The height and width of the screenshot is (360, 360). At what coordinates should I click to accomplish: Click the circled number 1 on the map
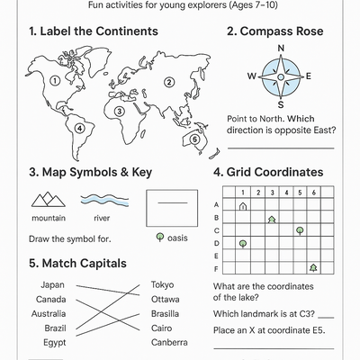[54, 79]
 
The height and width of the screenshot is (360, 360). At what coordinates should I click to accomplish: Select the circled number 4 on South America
[80, 128]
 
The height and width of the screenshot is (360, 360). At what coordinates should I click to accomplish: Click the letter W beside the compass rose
[252, 76]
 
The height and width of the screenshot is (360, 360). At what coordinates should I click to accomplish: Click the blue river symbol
[102, 199]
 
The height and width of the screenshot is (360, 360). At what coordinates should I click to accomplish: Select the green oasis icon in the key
[160, 238]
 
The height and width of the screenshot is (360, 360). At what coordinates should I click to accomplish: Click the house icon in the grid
[243, 206]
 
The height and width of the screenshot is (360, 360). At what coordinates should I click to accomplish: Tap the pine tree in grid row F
[312, 267]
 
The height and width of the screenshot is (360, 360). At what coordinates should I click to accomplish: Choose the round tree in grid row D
[243, 243]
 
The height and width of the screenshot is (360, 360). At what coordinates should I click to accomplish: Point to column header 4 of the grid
[285, 193]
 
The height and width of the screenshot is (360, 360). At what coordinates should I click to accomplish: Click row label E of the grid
[217, 256]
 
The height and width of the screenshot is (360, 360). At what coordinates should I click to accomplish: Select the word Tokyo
[163, 284]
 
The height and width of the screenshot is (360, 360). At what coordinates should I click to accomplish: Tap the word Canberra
[169, 343]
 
